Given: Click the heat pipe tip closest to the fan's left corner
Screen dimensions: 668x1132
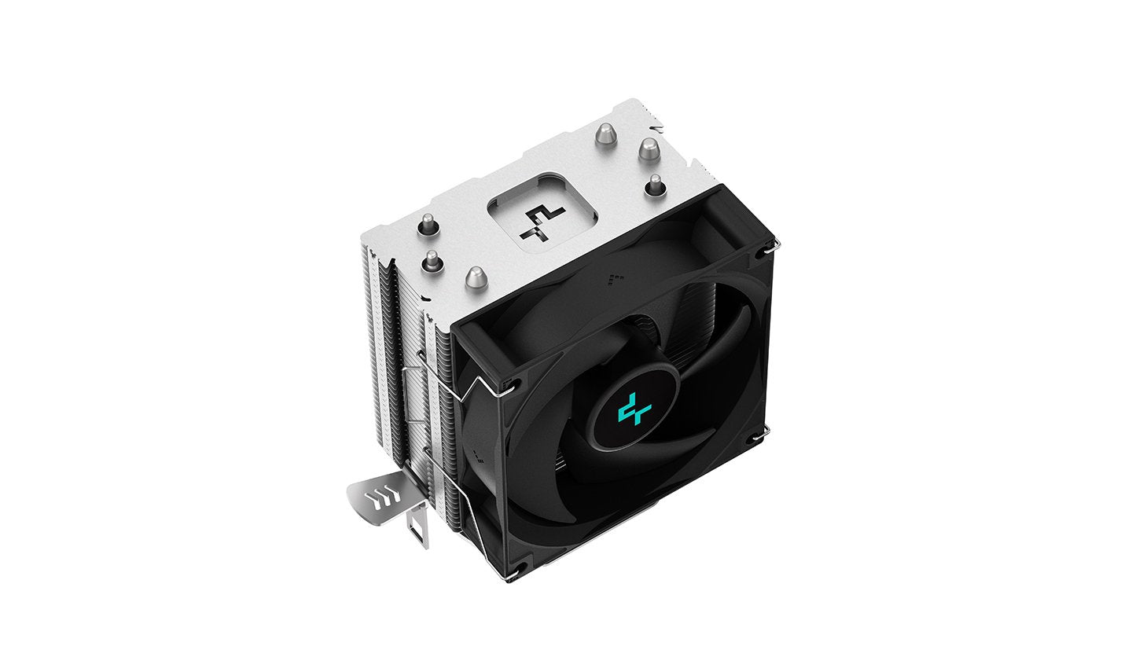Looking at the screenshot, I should point(475,276).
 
